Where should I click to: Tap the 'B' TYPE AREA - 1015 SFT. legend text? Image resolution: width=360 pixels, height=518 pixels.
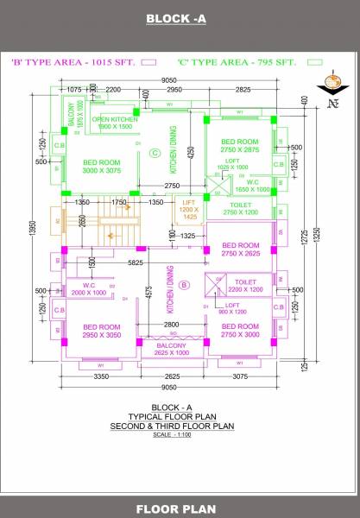pos(74,63)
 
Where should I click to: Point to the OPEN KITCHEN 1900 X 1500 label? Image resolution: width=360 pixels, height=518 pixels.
pos(115,123)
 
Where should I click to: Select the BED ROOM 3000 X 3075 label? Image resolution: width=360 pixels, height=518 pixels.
pos(101,166)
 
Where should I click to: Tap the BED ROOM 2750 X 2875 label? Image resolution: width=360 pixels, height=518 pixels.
pos(238,145)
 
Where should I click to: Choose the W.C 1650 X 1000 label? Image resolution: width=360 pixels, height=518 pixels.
pos(252,186)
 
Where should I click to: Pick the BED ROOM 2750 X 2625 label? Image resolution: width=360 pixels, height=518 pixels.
pos(238,249)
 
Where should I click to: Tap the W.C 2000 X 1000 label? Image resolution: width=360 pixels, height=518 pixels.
pos(88,288)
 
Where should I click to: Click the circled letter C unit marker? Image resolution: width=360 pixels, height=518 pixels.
pos(155,153)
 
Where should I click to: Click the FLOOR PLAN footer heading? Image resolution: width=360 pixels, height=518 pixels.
pos(180,508)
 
